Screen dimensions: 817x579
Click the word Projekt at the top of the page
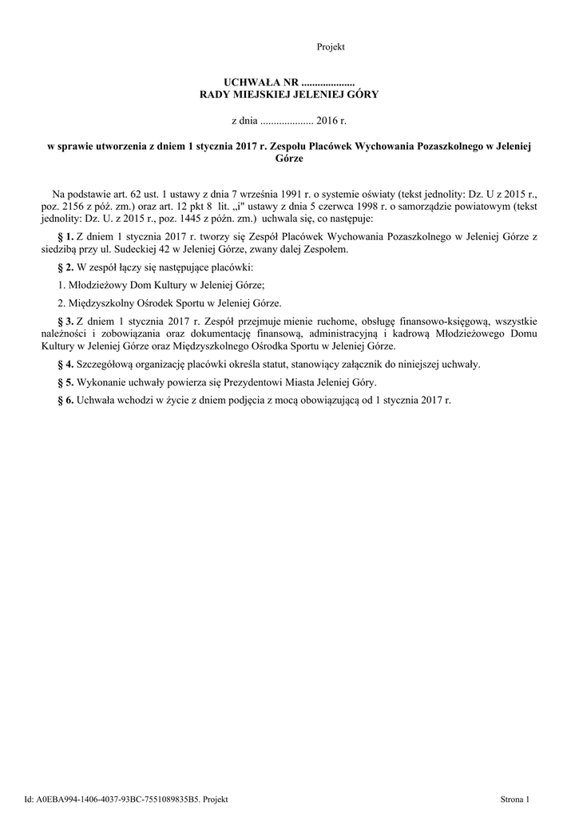point(331,47)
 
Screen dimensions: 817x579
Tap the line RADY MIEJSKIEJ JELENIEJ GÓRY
point(288,94)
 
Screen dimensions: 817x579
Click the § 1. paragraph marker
point(66,237)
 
